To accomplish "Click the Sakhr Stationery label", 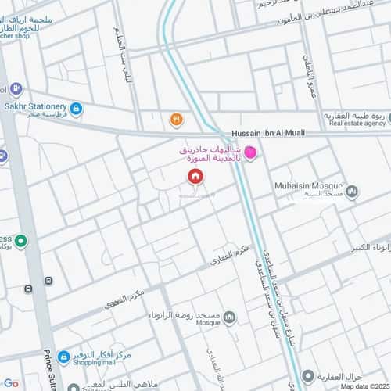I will [34, 105].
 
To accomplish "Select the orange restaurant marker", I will [177, 119].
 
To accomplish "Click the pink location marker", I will [250, 152].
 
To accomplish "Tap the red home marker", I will [193, 178].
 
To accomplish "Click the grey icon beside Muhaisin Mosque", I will [352, 191].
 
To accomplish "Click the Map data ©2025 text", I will [363, 386].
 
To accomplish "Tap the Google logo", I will [10, 385].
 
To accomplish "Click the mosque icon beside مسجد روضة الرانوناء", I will [229, 317].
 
